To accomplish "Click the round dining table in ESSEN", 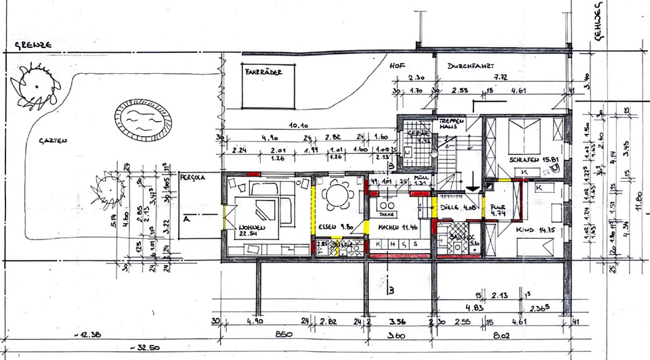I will tap(337, 196).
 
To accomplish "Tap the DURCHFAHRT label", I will tap(470, 66).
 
